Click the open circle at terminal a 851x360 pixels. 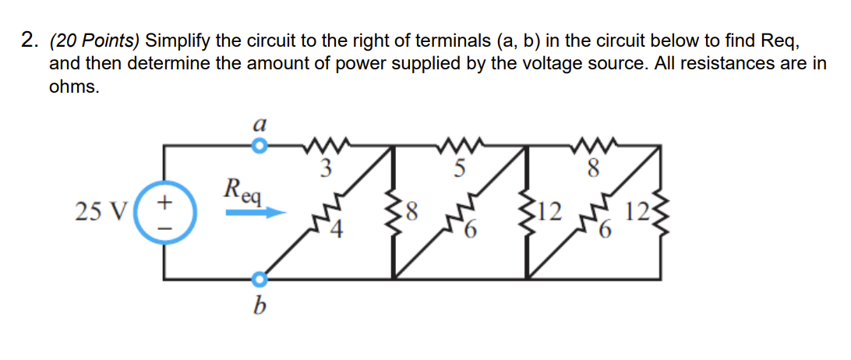click(x=260, y=145)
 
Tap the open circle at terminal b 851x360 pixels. click(x=260, y=278)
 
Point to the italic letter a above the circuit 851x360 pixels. click(x=261, y=124)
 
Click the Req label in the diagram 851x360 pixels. click(x=245, y=189)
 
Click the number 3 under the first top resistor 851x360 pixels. click(x=327, y=166)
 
